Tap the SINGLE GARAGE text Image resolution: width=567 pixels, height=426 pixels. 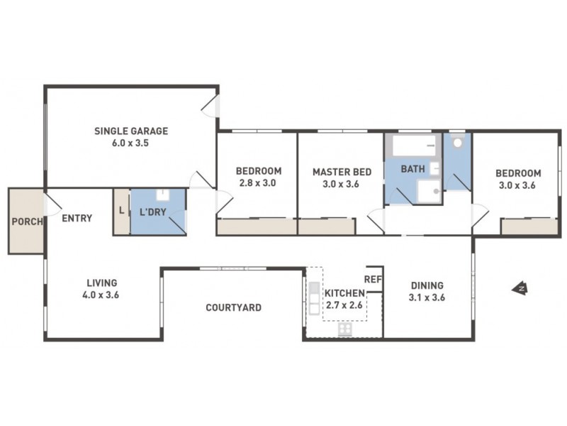click(131, 131)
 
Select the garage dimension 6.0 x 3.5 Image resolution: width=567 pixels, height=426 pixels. click(131, 143)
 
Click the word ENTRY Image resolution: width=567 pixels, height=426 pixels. click(77, 219)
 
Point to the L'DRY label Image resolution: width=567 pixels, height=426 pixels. click(152, 212)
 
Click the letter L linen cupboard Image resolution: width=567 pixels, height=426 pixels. click(122, 211)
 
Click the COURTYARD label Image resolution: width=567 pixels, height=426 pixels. click(233, 308)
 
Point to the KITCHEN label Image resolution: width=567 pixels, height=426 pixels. click(344, 293)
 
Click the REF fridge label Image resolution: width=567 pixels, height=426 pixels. click(373, 279)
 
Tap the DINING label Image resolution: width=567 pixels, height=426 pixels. click(427, 285)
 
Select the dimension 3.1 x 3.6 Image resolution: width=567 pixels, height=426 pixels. click(427, 297)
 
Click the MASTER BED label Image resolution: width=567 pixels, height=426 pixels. click(342, 171)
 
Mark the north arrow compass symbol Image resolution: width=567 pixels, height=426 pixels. click(521, 288)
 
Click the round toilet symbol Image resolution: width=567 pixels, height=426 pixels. click(458, 142)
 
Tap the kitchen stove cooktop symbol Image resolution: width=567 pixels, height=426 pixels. click(346, 329)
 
